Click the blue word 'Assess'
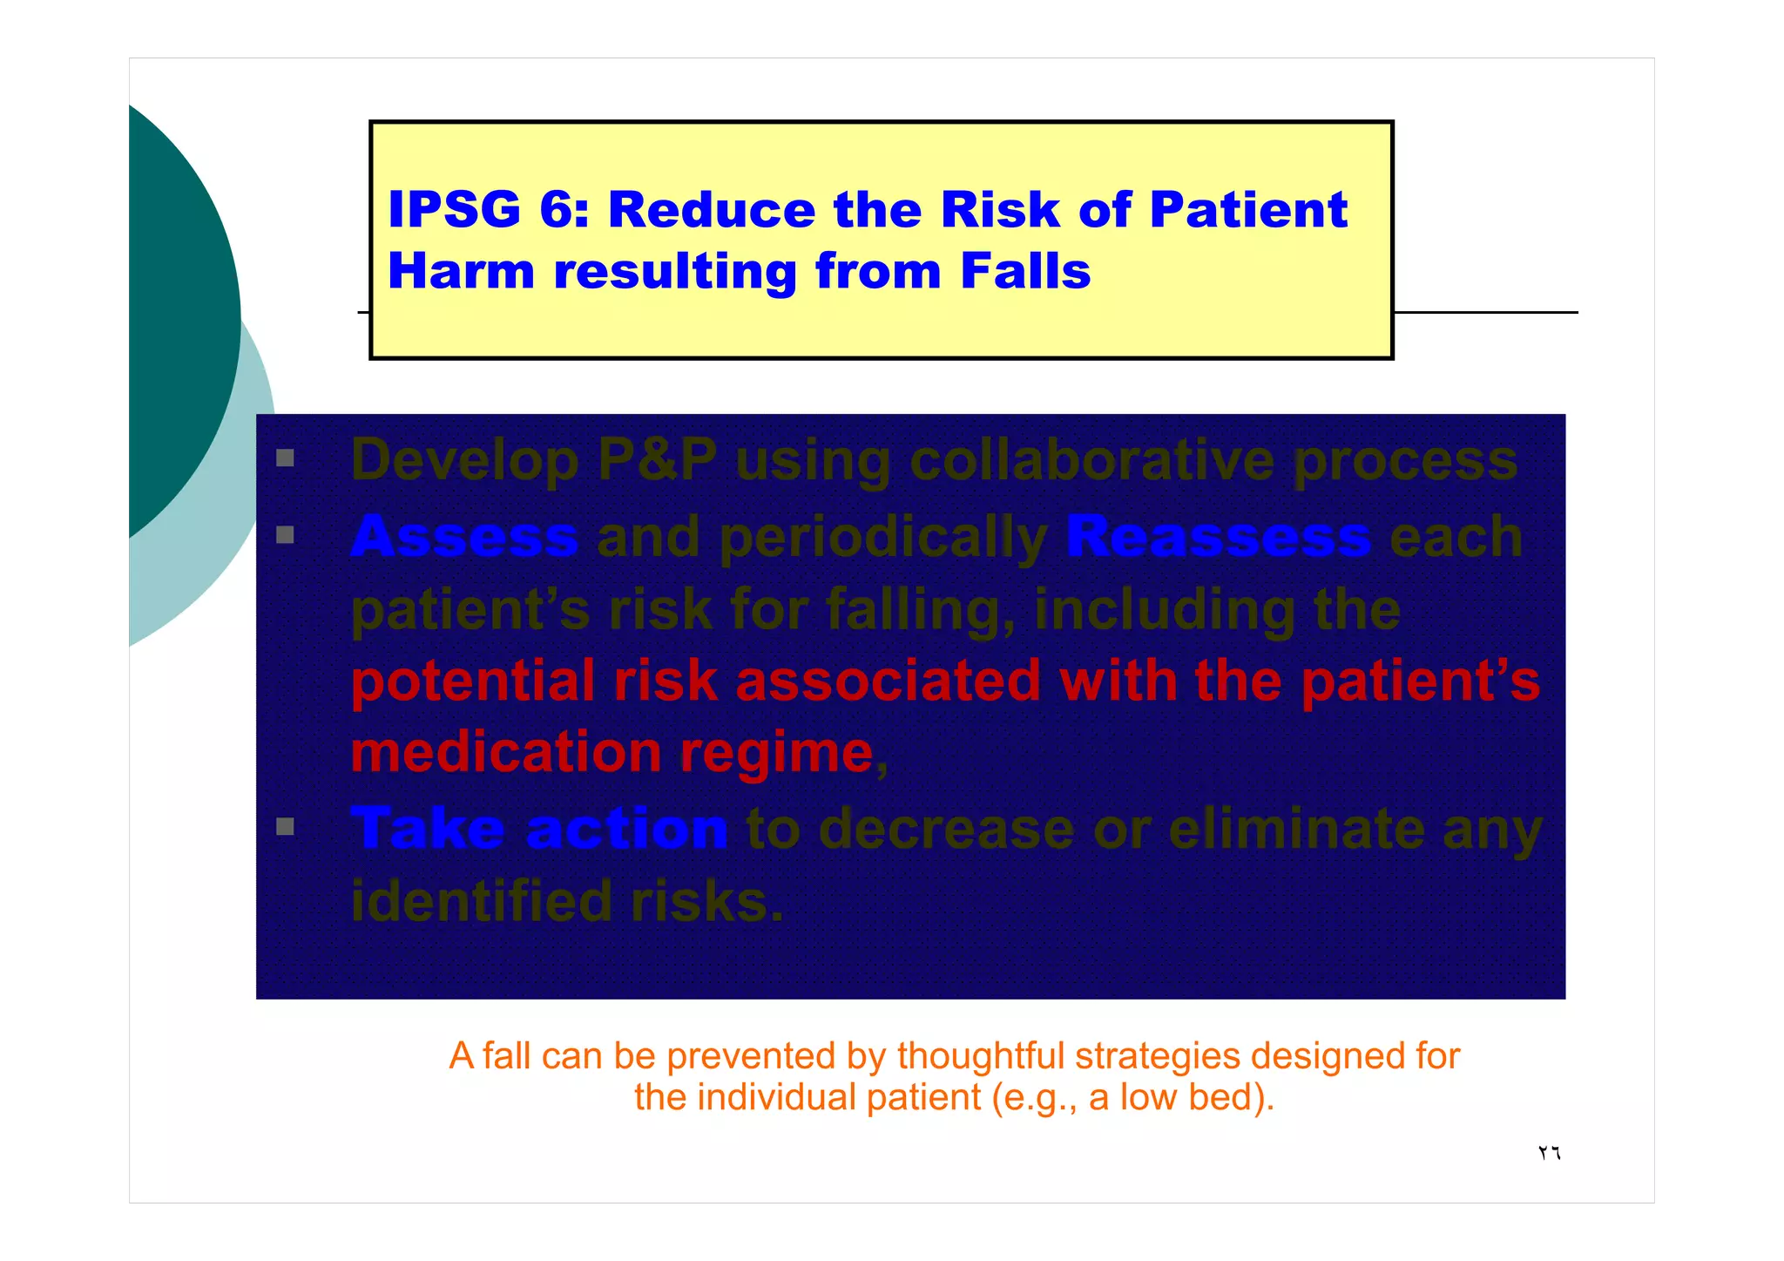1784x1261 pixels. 464,536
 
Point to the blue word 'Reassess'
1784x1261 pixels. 1218,536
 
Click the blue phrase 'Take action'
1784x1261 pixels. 538,828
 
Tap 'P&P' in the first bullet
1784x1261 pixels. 657,459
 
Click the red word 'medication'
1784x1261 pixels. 506,752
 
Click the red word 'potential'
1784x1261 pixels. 473,681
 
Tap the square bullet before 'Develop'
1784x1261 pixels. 285,458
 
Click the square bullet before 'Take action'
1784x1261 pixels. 285,826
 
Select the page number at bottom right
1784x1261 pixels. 1549,1153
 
